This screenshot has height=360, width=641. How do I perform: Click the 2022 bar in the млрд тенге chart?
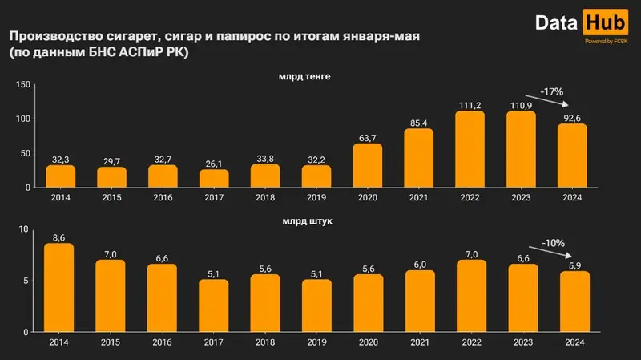(470, 149)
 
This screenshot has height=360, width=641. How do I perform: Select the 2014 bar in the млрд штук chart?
(58, 288)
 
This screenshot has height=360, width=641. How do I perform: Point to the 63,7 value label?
(366, 138)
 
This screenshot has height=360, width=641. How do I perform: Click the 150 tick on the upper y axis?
(22, 85)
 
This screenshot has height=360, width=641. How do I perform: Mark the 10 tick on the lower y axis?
(23, 230)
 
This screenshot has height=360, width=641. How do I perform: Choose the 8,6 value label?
(58, 238)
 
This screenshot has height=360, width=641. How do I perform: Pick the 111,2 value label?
(470, 105)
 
